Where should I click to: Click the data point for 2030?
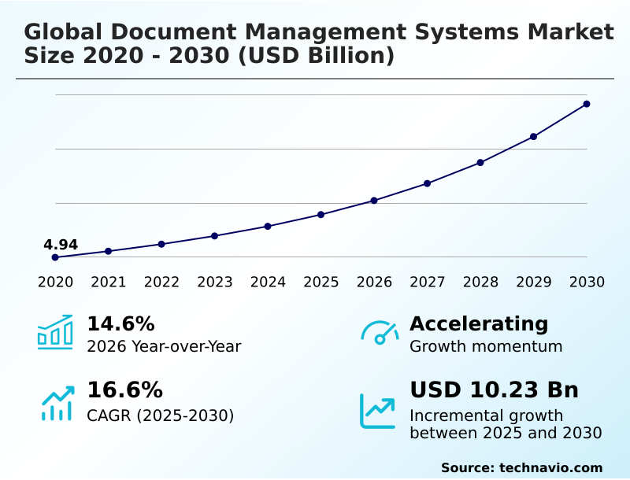[x=587, y=104]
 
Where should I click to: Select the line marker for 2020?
[x=55, y=257]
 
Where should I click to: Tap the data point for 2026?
[x=374, y=201]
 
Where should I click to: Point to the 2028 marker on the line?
[x=480, y=162]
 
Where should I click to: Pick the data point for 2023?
[x=214, y=236]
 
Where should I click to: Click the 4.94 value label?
[x=61, y=245]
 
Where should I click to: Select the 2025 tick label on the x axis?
[x=321, y=282]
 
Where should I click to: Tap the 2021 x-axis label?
[x=109, y=282]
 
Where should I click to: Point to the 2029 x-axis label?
[x=534, y=282]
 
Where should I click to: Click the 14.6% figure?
[x=120, y=323]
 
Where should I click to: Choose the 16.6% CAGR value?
[x=124, y=390]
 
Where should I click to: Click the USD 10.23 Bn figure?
[x=494, y=390]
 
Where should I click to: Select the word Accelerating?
[x=479, y=323]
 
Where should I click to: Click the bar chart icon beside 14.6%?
[x=55, y=333]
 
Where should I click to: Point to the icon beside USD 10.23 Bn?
[x=378, y=410]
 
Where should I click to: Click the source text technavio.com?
[x=550, y=467]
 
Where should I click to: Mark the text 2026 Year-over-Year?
[x=164, y=346]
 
